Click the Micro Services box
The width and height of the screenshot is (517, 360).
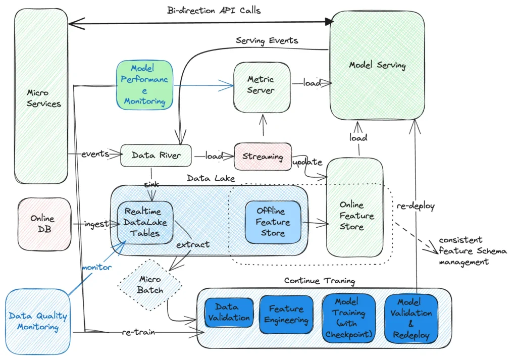41,96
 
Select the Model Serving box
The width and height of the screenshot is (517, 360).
377,66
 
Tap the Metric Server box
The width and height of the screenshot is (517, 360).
262,85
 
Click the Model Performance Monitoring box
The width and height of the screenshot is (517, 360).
145,85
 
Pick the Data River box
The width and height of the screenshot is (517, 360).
157,156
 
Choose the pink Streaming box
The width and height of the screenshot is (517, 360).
263,156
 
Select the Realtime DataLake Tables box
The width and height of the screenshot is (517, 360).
145,222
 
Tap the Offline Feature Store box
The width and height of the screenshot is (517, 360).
273,222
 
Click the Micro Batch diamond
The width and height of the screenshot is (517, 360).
150,284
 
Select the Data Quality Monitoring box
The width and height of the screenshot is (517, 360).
38,322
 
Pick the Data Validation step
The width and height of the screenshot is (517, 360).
227,313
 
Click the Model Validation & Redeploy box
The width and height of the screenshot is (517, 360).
411,318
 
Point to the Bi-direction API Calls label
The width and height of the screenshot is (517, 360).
214,10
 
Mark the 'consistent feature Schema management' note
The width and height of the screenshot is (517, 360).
463,251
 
